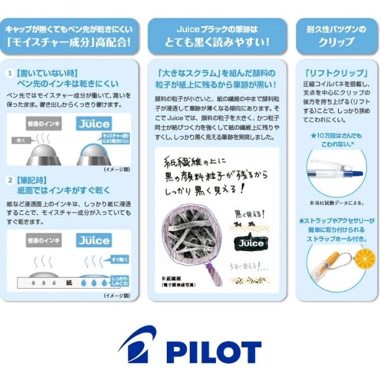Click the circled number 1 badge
[x=10, y=73]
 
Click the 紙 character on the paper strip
[x=69, y=282]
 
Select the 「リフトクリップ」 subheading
[x=336, y=73]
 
